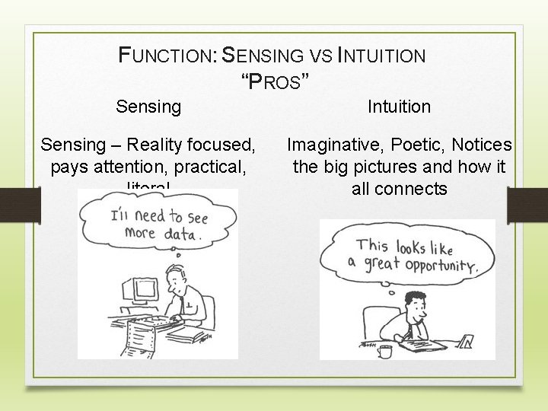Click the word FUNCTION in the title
(x=167, y=56)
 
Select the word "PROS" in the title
(x=275, y=80)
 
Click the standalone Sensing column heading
(x=148, y=107)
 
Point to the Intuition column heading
(x=399, y=107)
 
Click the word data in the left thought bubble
(x=182, y=234)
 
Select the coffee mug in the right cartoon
(x=385, y=351)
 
